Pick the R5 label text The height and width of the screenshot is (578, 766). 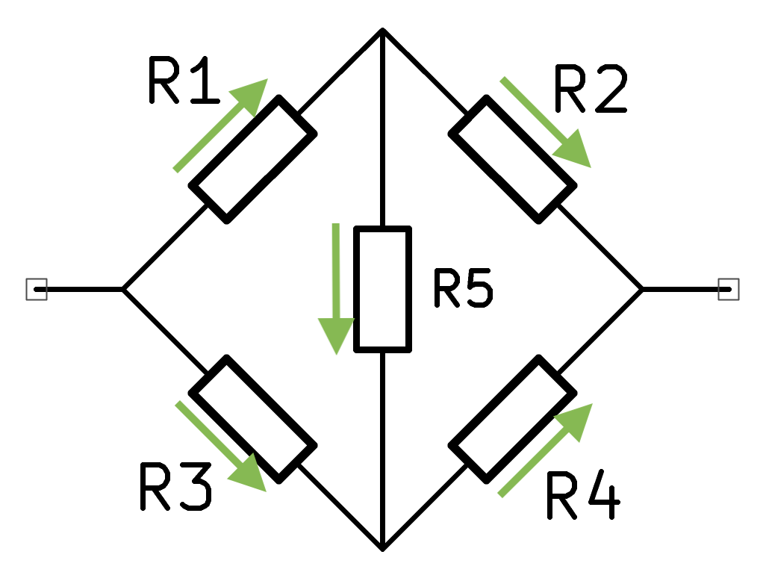(463, 289)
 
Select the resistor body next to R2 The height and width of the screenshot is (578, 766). (512, 159)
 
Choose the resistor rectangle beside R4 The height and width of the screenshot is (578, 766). (512, 418)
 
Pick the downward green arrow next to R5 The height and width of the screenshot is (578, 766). (336, 288)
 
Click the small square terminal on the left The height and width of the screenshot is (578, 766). (37, 289)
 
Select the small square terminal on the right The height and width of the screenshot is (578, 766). (729, 289)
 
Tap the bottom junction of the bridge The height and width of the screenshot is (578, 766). (382, 548)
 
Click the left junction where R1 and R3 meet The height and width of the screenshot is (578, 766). (123, 289)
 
